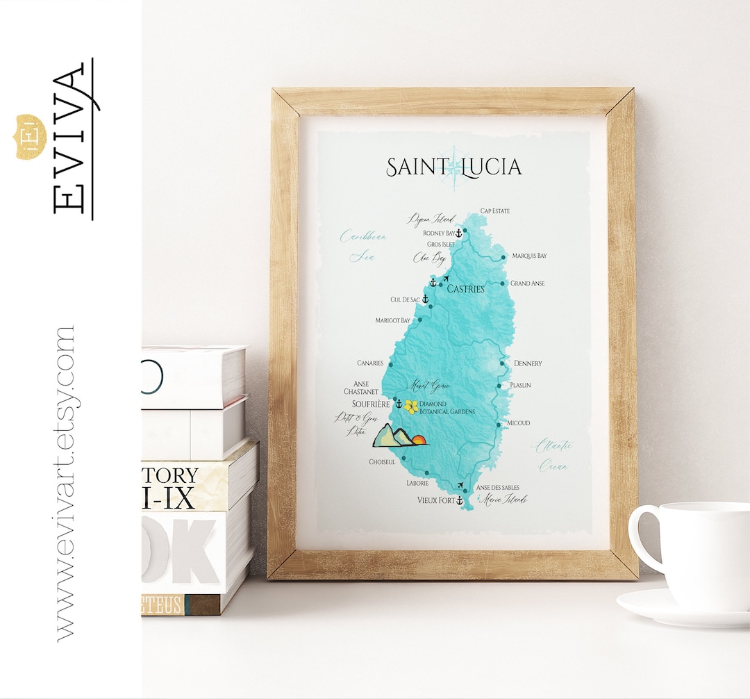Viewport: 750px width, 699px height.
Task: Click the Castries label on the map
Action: [x=465, y=288]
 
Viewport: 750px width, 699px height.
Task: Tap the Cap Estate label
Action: [x=495, y=212]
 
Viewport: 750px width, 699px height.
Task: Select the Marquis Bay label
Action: [x=529, y=256]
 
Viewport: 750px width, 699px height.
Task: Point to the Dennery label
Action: [x=528, y=363]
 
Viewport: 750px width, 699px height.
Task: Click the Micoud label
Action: [x=518, y=422]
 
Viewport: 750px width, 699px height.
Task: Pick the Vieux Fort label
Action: [x=435, y=500]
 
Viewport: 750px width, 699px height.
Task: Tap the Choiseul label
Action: [x=382, y=461]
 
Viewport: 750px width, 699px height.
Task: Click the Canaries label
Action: [x=370, y=363]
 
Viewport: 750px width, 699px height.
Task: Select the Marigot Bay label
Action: [x=393, y=320]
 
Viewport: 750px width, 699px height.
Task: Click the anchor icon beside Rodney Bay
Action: [x=458, y=233]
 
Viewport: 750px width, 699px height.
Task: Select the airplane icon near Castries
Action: [x=445, y=279]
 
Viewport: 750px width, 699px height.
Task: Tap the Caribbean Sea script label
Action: [x=362, y=245]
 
